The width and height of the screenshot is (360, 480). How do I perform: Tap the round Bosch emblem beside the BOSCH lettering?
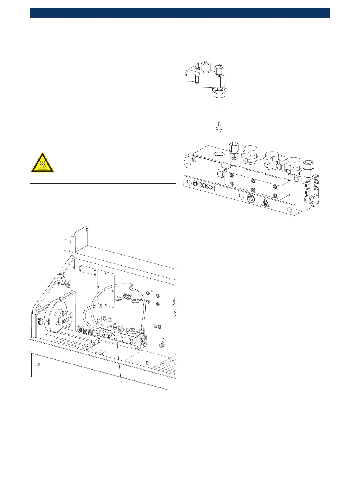pyautogui.click(x=195, y=184)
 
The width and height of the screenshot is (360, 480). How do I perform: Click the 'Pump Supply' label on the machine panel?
pyautogui.click(x=119, y=299)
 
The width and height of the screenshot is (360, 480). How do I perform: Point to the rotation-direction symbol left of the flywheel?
pyautogui.click(x=40, y=322)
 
